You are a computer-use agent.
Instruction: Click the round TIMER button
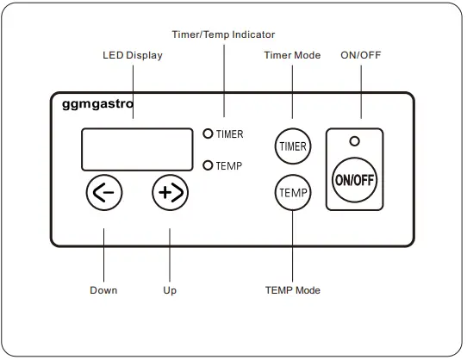[x=292, y=146]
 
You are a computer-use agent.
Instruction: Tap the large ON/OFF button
[x=354, y=179]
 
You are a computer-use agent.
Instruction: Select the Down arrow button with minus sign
[x=104, y=193]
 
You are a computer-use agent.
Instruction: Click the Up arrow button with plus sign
[x=170, y=193]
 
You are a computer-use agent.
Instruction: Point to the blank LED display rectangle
[x=136, y=150]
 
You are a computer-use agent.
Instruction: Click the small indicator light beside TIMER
[x=208, y=133]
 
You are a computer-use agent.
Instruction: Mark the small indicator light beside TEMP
[x=208, y=164]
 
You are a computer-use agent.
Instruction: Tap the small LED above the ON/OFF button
[x=354, y=140]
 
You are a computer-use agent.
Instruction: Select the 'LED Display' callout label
[x=133, y=56]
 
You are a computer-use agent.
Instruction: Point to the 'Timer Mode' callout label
[x=291, y=55]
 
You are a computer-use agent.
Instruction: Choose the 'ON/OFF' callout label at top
[x=361, y=55]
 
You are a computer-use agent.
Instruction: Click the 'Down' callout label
[x=103, y=290]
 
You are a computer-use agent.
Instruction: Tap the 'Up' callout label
[x=170, y=290]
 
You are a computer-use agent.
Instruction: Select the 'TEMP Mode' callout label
[x=292, y=290]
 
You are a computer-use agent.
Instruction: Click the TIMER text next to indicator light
[x=229, y=134]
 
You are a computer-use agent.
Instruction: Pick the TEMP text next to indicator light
[x=228, y=164]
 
